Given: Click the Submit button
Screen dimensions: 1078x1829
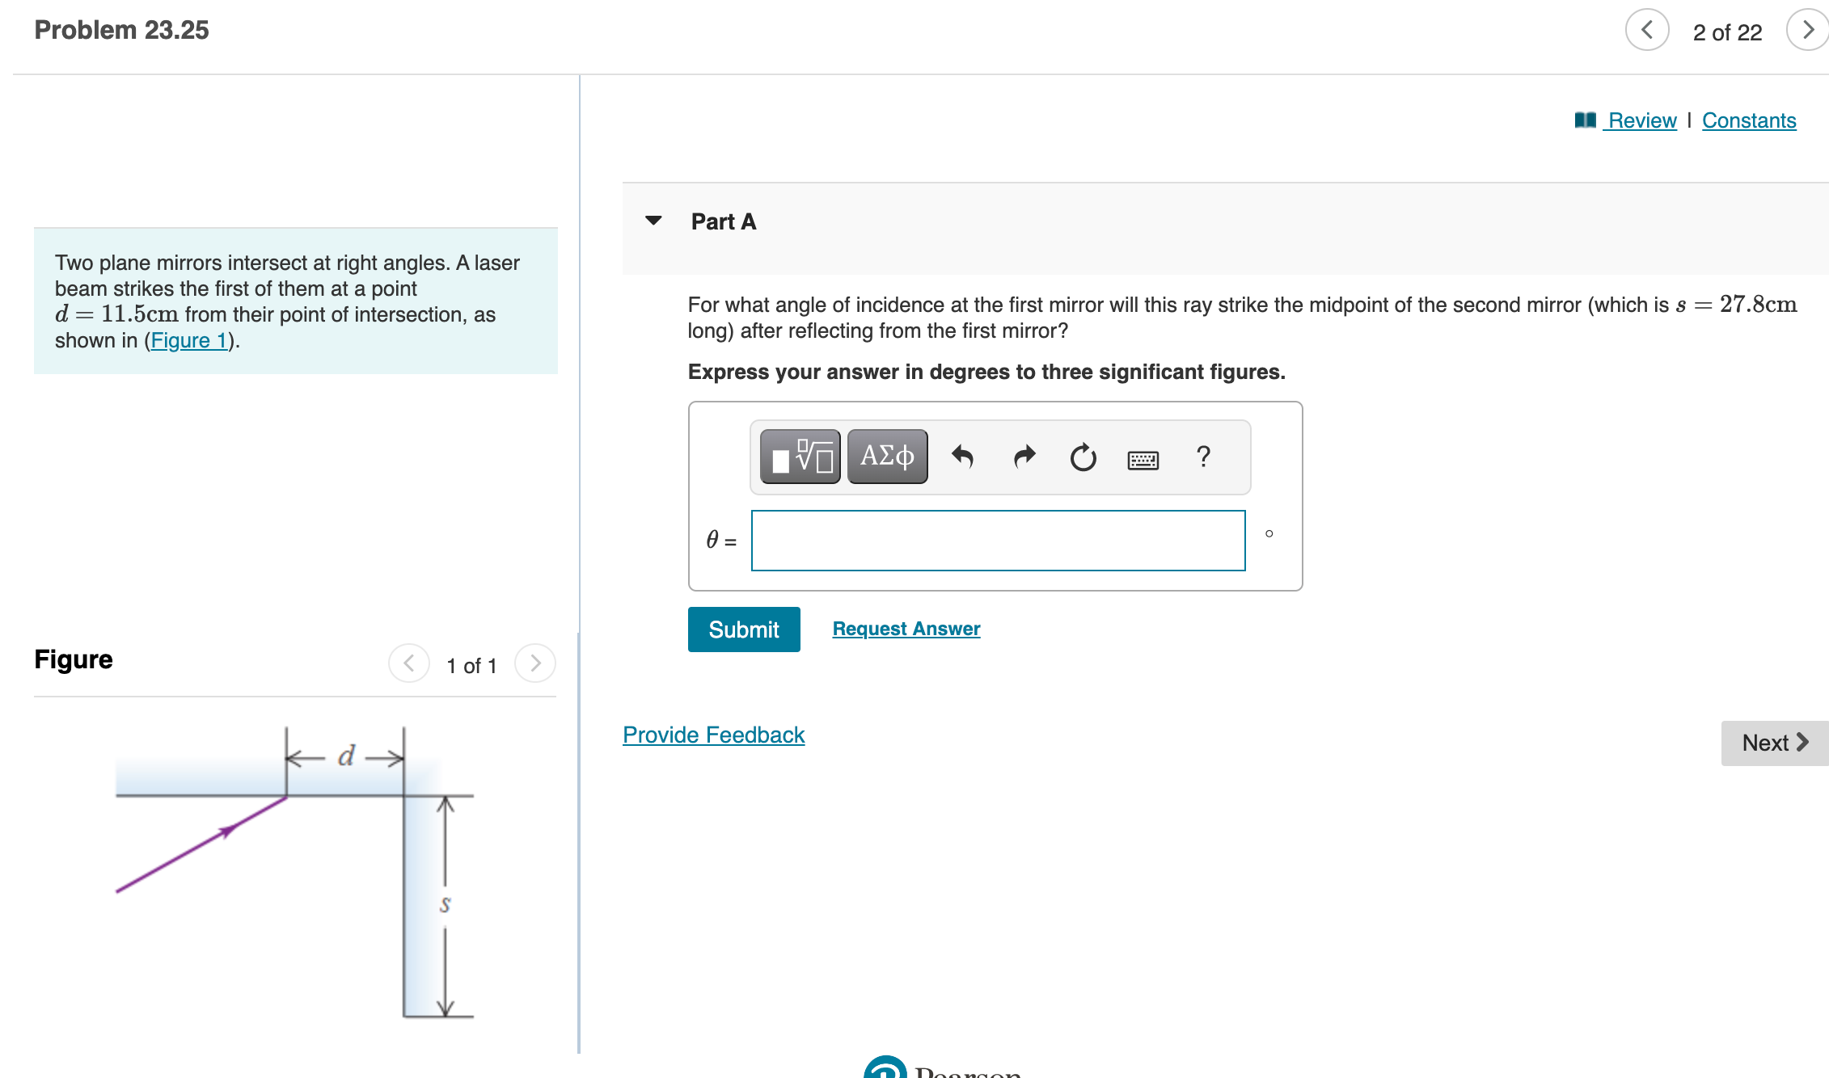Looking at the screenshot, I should click(743, 630).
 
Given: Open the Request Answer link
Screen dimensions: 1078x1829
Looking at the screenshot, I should click(906, 629).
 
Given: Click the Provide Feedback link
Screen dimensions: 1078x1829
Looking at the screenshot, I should click(713, 735).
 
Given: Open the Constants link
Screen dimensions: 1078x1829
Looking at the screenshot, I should click(1748, 120).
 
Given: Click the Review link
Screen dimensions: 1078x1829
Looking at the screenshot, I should click(1641, 120).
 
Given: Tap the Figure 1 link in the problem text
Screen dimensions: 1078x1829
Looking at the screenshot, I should click(189, 340).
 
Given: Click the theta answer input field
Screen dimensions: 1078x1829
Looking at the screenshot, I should click(998, 541).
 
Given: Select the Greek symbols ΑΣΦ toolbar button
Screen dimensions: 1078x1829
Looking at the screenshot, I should click(887, 457).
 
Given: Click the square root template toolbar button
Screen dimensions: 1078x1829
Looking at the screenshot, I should click(800, 457).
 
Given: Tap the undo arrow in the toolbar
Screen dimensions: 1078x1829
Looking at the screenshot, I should click(962, 457).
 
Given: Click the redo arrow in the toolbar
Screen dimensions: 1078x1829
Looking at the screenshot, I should click(1024, 457).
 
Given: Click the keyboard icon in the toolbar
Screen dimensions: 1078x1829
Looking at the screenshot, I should click(1143, 460).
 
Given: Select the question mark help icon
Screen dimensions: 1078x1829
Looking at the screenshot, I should click(1203, 457).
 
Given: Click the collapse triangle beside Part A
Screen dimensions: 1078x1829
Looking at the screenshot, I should click(653, 221).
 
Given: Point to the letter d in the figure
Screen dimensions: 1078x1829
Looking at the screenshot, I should click(346, 756).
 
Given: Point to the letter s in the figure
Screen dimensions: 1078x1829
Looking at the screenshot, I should click(445, 904).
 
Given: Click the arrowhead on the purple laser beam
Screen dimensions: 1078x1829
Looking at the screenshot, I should click(229, 829).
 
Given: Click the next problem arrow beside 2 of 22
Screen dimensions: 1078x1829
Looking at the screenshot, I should click(1808, 31).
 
